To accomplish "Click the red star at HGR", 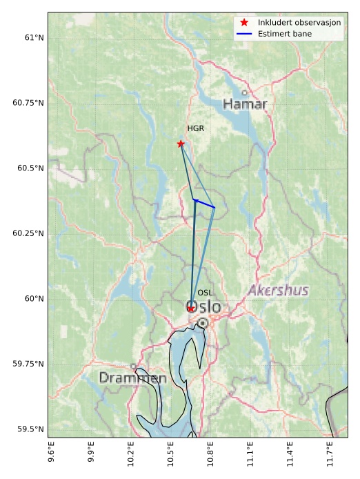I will [181, 144].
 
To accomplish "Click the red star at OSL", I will [191, 309].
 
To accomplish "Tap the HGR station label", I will [196, 128].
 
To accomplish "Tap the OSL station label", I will [205, 293].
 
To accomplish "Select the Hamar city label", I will [245, 104].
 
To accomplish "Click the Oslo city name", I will [204, 306].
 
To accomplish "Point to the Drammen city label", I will [132, 378].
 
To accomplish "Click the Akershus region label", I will [278, 290].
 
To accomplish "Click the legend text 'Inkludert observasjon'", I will [299, 23].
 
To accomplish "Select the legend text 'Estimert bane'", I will [285, 34].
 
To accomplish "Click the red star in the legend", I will [244, 23].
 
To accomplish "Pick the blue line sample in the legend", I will [244, 34].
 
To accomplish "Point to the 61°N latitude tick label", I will [31, 37].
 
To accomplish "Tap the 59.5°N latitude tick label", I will [30, 429].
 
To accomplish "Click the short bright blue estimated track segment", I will [204, 204].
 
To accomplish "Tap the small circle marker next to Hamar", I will [244, 92].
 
